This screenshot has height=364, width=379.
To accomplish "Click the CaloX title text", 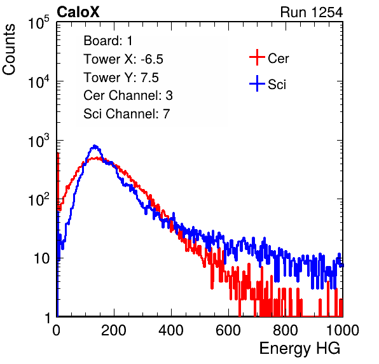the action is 78,12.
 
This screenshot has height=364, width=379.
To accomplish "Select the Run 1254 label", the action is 312,12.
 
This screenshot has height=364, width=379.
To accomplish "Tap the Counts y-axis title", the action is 9,50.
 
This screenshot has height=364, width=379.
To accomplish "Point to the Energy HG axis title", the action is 300,349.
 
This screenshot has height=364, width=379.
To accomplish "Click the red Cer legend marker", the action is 257,57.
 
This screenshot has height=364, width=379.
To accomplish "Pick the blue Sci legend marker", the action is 257,83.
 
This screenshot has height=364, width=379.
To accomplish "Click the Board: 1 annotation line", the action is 108,41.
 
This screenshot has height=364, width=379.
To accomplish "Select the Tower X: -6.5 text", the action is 123,59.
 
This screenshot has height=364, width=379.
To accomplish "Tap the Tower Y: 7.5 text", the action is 121,78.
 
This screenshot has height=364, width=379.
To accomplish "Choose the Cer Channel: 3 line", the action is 128,95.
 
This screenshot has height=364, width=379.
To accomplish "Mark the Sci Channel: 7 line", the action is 127,114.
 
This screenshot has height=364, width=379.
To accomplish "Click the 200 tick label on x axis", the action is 114,330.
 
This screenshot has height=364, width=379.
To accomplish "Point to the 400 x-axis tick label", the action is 171,330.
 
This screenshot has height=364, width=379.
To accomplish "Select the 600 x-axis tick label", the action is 228,330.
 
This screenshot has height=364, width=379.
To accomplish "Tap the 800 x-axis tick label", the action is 286,330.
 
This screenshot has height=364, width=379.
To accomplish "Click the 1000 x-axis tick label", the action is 343,330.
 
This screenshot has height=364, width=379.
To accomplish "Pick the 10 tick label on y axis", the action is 42,258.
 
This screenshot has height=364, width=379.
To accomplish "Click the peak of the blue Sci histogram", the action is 95,146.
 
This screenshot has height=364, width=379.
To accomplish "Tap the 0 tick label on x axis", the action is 56,330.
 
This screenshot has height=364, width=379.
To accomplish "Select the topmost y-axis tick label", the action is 39,23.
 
